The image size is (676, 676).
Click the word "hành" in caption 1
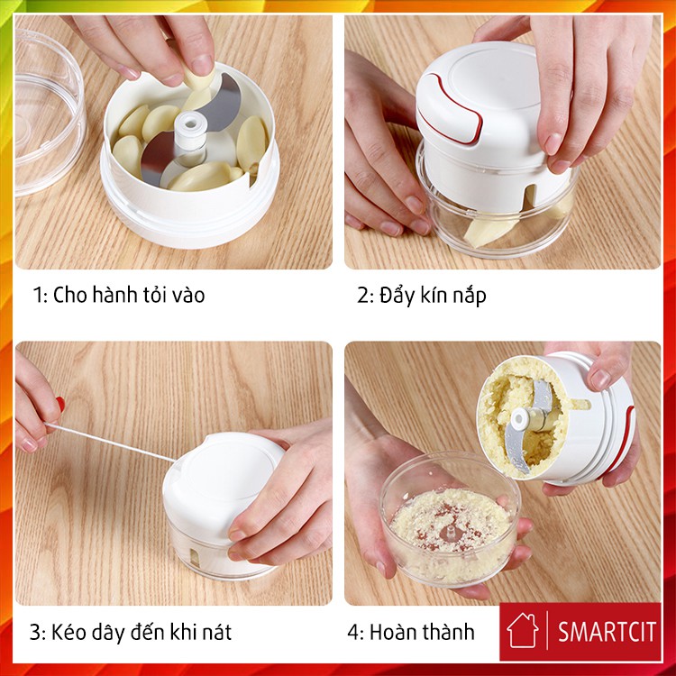click(x=112, y=295)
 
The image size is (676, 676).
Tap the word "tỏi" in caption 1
click(x=149, y=295)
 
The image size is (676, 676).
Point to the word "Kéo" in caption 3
click(x=68, y=632)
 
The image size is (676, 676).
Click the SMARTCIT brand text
click(x=607, y=632)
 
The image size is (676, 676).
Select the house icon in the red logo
click(x=523, y=630)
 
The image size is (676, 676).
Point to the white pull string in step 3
click(x=110, y=442)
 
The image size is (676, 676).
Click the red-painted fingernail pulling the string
click(x=60, y=404)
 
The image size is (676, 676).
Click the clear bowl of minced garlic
click(x=451, y=517)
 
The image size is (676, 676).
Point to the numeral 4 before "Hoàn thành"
click(x=354, y=633)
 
